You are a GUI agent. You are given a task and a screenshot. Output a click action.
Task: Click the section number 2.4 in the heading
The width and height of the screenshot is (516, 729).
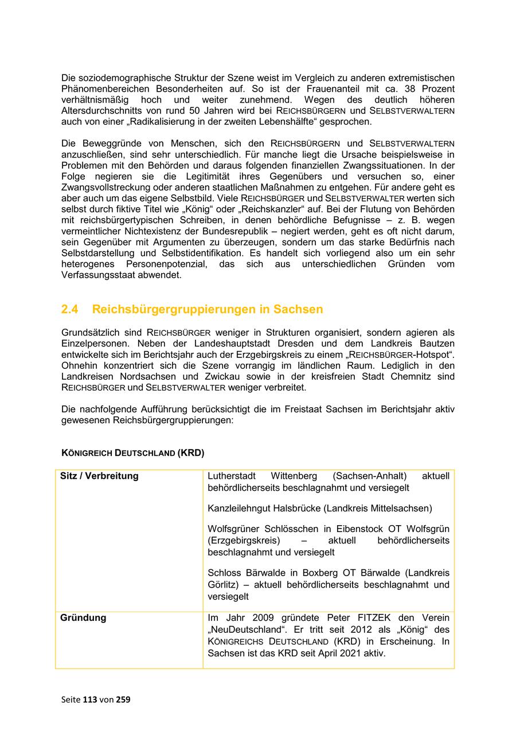(70, 309)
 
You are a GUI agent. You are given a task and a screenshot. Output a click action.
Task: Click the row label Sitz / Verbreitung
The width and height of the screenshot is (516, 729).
(99, 476)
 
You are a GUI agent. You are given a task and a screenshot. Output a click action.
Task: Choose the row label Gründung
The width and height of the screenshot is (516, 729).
(83, 618)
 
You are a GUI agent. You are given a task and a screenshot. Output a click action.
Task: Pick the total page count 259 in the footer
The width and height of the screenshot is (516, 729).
(123, 699)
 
